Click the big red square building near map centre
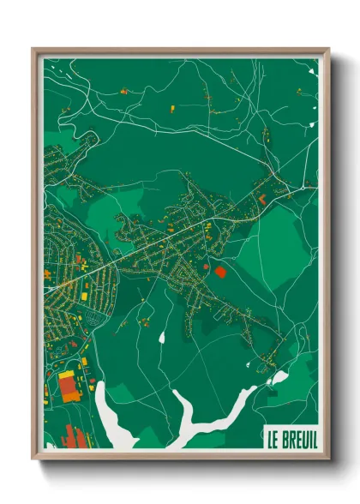pos(220,272)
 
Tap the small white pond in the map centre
pos(161,336)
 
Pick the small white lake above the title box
pos(278,378)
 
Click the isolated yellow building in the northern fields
pos(169,108)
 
